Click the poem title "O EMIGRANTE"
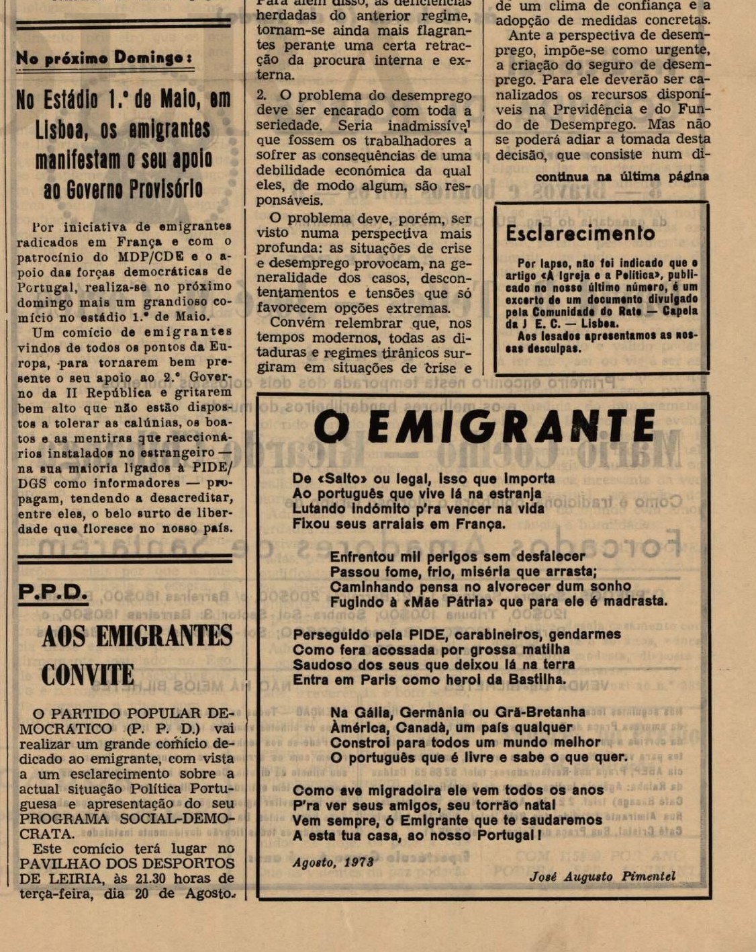point(483,427)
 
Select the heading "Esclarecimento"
point(580,233)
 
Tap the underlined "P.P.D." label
point(53,592)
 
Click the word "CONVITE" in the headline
point(87,675)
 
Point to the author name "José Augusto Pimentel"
point(602,877)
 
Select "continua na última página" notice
point(622,177)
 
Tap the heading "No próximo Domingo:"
point(104,58)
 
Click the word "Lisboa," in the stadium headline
point(62,130)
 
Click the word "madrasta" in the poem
point(632,601)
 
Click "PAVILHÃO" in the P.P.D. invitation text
point(60,863)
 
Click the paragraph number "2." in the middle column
point(261,95)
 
